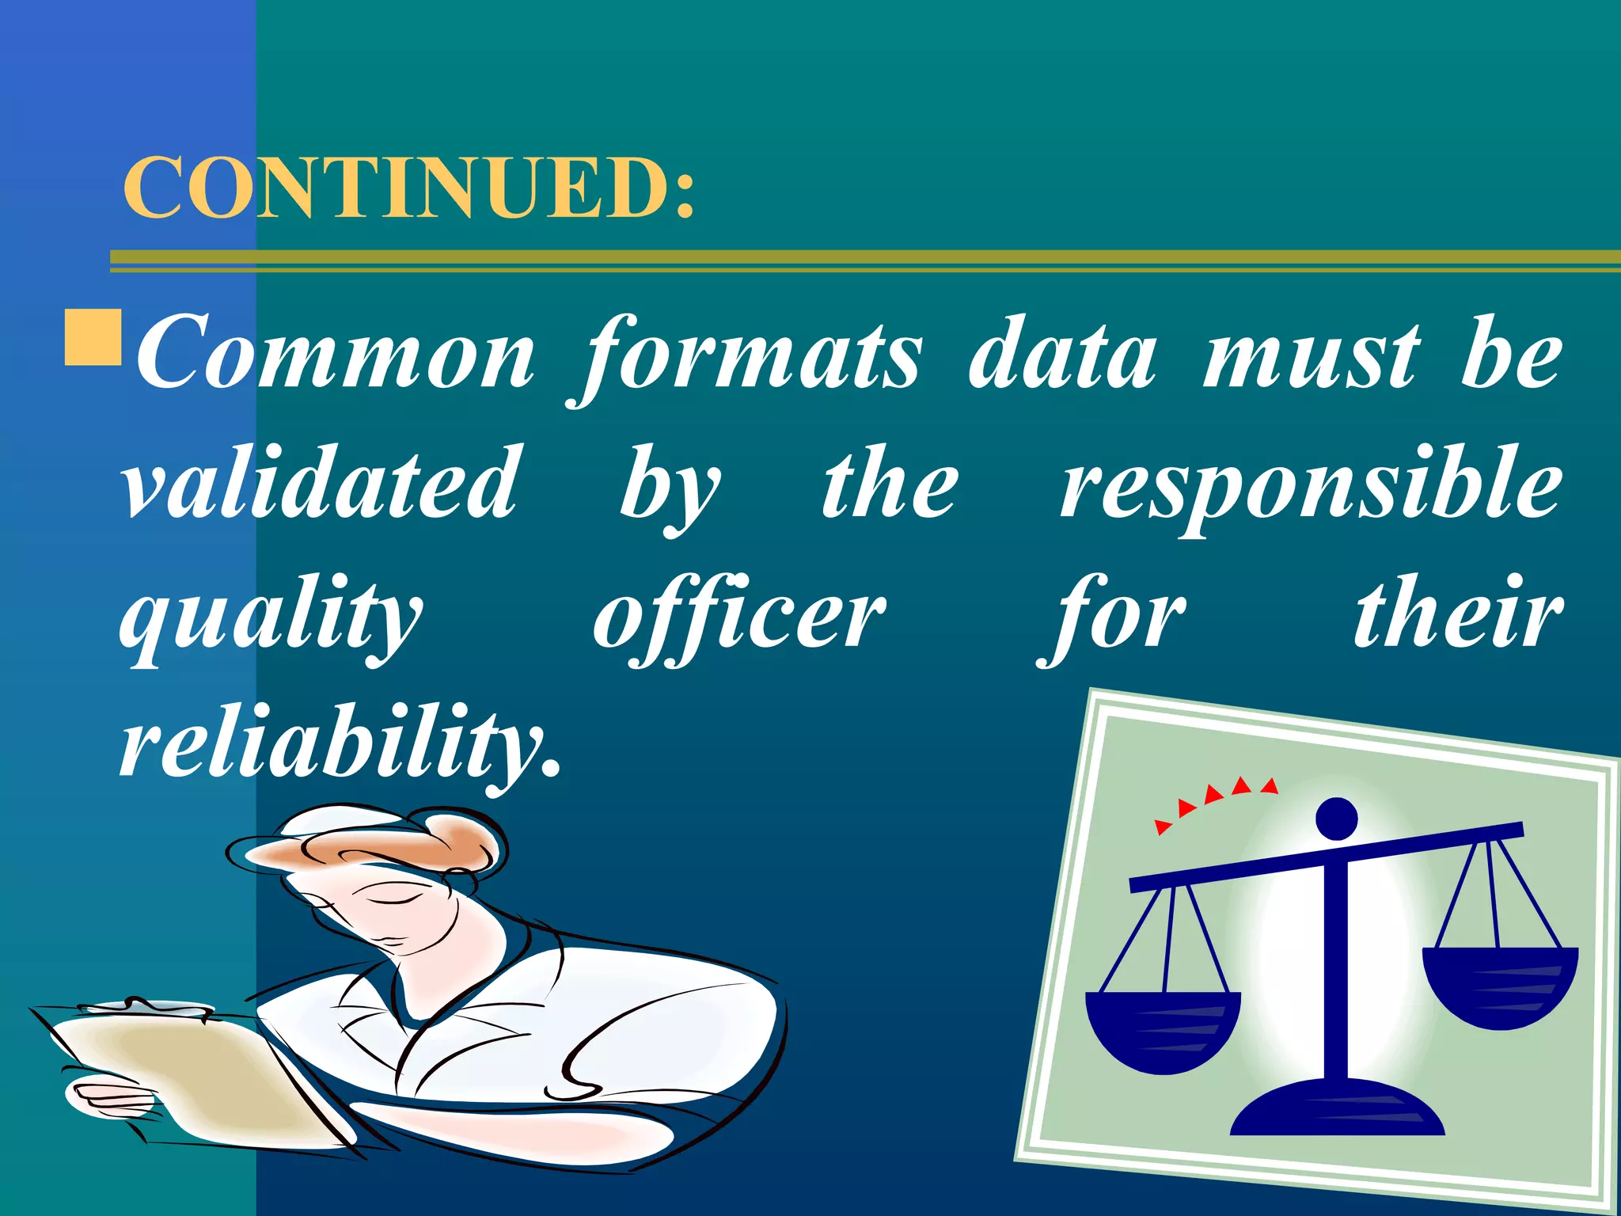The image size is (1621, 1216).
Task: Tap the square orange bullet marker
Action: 93,338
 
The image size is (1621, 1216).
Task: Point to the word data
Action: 1062,355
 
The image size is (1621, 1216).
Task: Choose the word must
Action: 1312,355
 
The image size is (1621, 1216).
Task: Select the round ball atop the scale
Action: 1337,818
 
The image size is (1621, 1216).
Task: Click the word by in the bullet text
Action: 669,487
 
